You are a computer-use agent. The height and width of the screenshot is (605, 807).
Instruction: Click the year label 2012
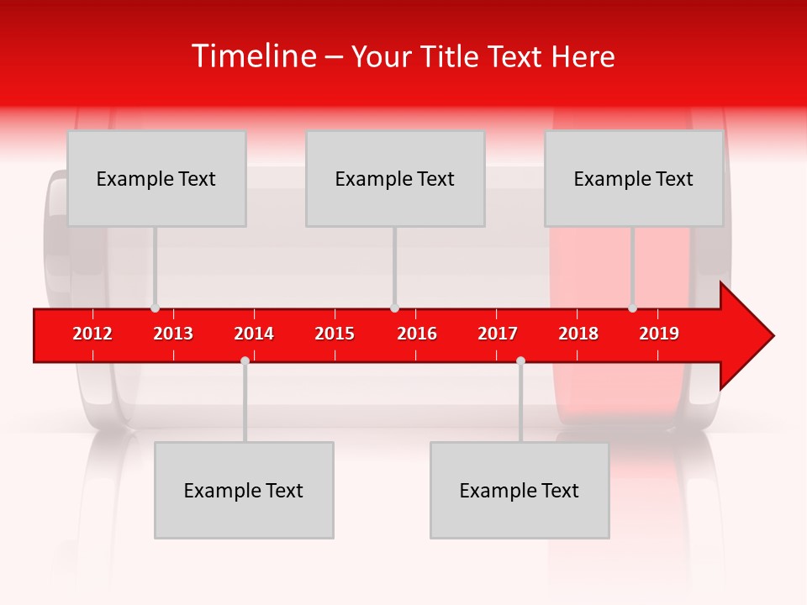92,334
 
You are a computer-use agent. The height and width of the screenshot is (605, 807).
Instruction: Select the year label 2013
173,334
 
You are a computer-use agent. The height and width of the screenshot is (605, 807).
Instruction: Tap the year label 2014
254,334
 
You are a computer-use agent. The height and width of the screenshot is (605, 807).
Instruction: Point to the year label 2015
335,334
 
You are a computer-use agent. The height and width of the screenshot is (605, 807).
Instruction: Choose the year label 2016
417,334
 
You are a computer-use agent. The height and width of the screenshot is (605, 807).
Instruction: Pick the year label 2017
498,334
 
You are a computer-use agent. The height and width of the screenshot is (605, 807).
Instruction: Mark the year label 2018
578,334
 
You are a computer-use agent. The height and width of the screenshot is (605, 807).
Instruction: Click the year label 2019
659,334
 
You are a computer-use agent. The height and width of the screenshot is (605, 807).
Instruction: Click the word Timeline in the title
252,56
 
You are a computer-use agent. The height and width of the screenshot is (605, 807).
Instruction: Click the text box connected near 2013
156,178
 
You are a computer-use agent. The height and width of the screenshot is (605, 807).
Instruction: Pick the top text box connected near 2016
395,178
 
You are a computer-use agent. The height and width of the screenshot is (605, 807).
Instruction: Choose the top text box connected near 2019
634,178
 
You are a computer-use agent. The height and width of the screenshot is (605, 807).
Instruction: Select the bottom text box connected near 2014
244,490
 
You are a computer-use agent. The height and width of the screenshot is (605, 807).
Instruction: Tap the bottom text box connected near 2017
520,490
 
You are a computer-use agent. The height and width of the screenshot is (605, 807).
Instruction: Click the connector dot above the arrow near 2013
155,308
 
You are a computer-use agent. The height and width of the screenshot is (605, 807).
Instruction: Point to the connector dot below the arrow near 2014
245,360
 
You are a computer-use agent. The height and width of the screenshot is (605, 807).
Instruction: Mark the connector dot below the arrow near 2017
520,360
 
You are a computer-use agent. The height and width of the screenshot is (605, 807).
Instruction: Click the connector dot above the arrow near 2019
632,308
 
